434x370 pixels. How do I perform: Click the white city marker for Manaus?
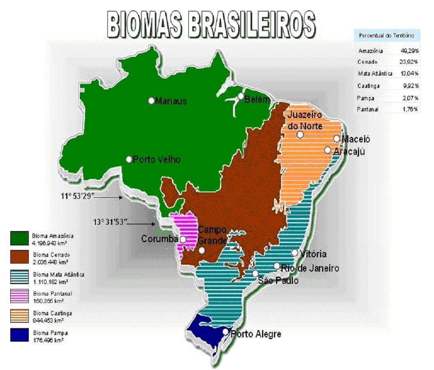[x=151, y=100]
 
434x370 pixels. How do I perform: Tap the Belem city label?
[x=257, y=99]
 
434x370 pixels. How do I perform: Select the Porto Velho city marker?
[x=129, y=159]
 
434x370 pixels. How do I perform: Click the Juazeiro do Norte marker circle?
[x=300, y=134]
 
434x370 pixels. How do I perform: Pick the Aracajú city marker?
[x=327, y=150]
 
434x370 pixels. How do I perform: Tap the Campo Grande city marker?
[x=202, y=250]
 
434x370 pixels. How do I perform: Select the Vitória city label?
[x=313, y=254]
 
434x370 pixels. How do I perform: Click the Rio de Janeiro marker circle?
[x=277, y=266]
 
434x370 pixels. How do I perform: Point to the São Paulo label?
[x=278, y=281]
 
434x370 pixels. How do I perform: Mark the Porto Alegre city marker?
[x=225, y=331]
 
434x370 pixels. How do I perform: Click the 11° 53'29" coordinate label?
[x=78, y=195]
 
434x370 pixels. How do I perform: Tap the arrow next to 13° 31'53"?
[x=142, y=224]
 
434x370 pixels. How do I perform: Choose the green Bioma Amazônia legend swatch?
[x=19, y=239]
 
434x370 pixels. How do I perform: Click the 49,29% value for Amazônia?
[x=409, y=51]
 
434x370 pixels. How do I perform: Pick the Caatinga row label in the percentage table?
[x=369, y=86]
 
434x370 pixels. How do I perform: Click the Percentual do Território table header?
[x=386, y=36]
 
